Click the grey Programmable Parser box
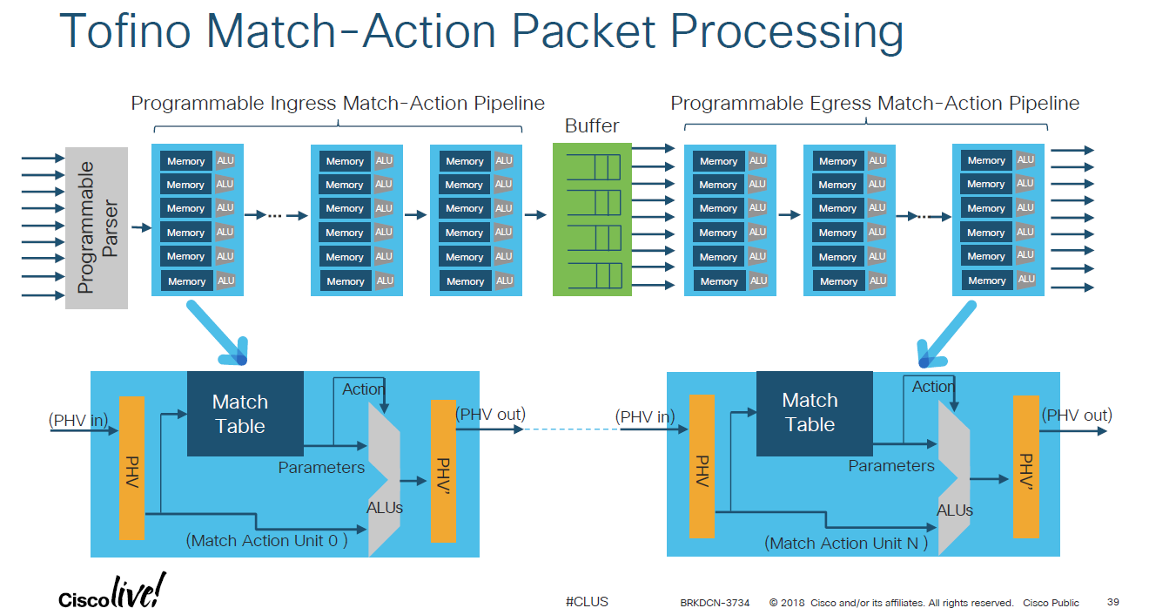(x=97, y=227)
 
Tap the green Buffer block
(x=592, y=220)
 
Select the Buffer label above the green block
(x=592, y=125)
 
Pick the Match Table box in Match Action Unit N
(x=814, y=413)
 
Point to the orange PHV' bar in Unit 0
(x=443, y=470)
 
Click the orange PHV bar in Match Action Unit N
(x=701, y=466)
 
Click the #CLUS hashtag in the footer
(x=587, y=602)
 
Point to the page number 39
(x=1113, y=602)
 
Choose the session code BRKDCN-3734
(x=714, y=603)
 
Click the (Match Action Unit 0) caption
(x=265, y=541)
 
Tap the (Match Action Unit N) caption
(x=846, y=544)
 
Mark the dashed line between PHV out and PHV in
(x=570, y=429)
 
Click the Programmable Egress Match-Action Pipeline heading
(x=874, y=104)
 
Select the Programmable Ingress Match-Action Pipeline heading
(x=338, y=104)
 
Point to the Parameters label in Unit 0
(x=321, y=468)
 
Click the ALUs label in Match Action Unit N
(x=954, y=510)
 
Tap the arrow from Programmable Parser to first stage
(x=140, y=227)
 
